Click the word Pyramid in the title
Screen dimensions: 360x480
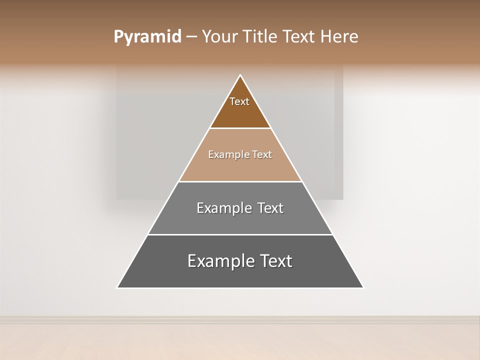(147, 37)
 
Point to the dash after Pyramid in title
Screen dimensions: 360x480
(191, 37)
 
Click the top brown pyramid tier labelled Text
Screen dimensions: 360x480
(240, 107)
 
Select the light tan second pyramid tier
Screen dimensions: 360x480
(240, 162)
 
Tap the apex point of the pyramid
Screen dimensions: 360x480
(240, 75)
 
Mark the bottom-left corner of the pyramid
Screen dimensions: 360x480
(117, 287)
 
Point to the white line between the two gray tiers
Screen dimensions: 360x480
(240, 234)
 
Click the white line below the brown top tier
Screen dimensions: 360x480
(240, 128)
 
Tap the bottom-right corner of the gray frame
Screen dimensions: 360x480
(342, 199)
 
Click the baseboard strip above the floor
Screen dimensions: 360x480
(240, 319)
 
